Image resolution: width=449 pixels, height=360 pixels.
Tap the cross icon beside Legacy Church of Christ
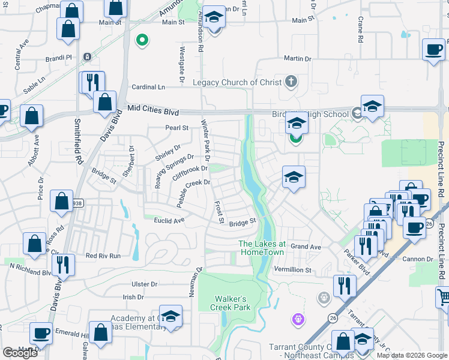point(291,81)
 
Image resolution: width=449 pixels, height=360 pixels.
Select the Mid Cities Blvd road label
point(153,110)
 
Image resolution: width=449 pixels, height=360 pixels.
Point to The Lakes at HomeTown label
point(262,248)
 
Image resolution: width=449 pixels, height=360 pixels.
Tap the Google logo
point(20,353)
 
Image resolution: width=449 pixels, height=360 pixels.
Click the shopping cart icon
point(444,296)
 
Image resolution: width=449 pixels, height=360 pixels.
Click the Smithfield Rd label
point(77,142)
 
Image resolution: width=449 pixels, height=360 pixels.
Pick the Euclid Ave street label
point(169,221)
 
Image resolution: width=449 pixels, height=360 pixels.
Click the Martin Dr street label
point(298,59)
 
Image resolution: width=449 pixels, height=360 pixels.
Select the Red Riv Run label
point(103,256)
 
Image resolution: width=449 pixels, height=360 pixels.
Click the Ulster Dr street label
point(145,284)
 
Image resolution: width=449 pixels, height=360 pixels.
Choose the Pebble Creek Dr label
point(193,191)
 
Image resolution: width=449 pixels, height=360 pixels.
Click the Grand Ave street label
point(306,247)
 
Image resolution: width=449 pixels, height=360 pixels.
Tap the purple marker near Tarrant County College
point(298,320)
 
